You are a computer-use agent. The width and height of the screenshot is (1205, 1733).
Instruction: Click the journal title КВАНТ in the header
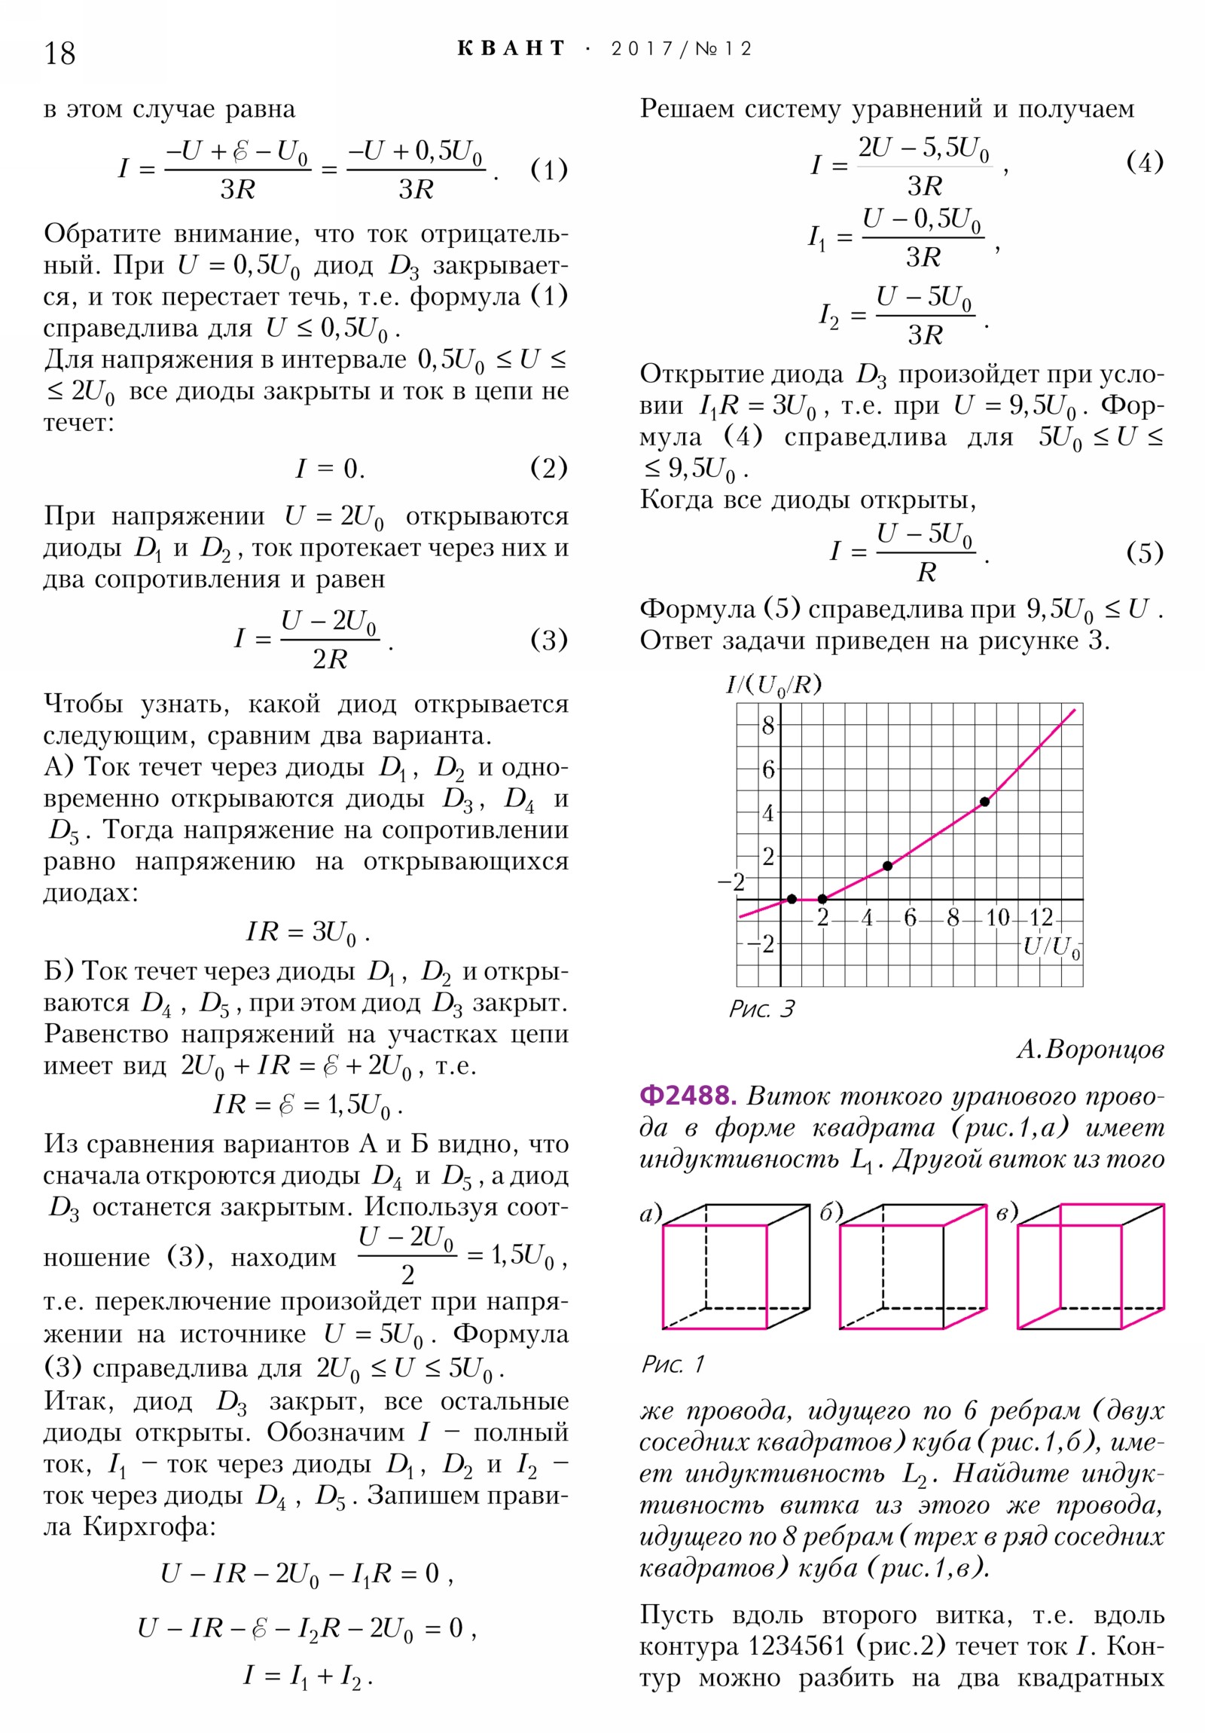(x=511, y=49)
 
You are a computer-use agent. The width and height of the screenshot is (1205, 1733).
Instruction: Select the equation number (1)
(x=548, y=170)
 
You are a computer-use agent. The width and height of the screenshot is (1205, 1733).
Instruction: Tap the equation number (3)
(x=548, y=640)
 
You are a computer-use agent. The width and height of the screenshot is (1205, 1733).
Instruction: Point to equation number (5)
(x=1144, y=553)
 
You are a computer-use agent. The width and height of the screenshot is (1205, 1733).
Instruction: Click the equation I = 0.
(x=330, y=469)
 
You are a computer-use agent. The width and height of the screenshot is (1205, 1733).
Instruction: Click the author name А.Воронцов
(x=1090, y=1049)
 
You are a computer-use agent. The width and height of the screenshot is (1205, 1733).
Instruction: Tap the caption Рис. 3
(x=761, y=1009)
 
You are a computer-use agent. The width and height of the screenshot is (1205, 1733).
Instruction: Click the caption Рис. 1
(x=673, y=1364)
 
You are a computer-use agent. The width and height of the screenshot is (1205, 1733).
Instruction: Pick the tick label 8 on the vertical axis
(x=768, y=726)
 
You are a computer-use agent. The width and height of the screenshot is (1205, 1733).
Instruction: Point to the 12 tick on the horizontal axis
(x=1041, y=918)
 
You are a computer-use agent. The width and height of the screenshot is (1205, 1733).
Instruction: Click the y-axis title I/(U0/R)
(x=773, y=685)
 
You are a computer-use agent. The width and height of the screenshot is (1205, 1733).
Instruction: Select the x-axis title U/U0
(x=1052, y=947)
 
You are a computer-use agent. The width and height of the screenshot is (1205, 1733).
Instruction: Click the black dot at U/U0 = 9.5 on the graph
(x=984, y=802)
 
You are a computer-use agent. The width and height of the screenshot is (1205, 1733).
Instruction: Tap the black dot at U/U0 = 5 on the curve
(x=888, y=866)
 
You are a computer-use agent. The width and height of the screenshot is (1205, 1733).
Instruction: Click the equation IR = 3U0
(x=307, y=932)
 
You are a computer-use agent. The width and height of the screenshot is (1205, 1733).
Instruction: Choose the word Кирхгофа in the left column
(x=148, y=1527)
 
